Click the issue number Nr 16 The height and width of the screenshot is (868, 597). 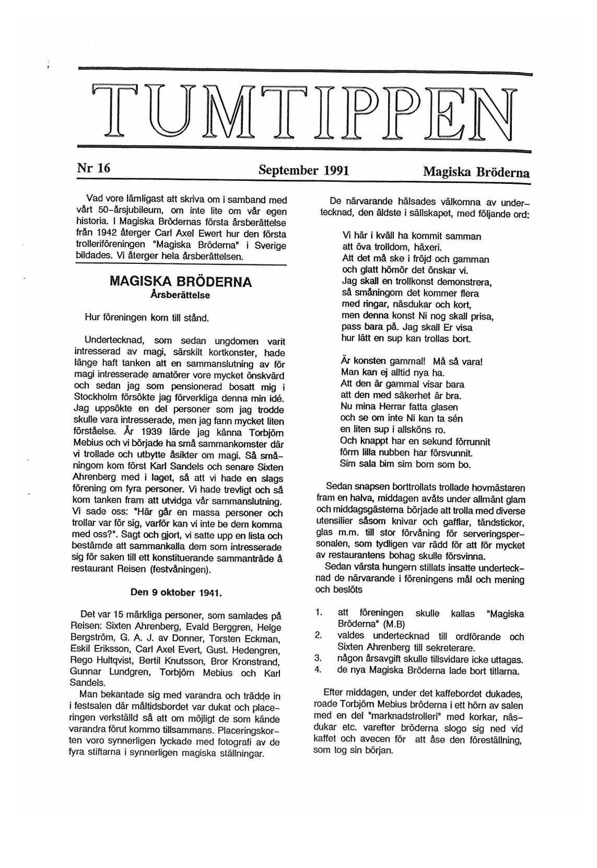click(x=93, y=168)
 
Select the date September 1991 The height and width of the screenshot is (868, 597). click(x=303, y=170)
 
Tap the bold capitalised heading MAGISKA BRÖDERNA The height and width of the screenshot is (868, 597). click(x=181, y=282)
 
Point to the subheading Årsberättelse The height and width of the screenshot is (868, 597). click(x=180, y=295)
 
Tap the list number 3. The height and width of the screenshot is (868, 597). click(x=318, y=659)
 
